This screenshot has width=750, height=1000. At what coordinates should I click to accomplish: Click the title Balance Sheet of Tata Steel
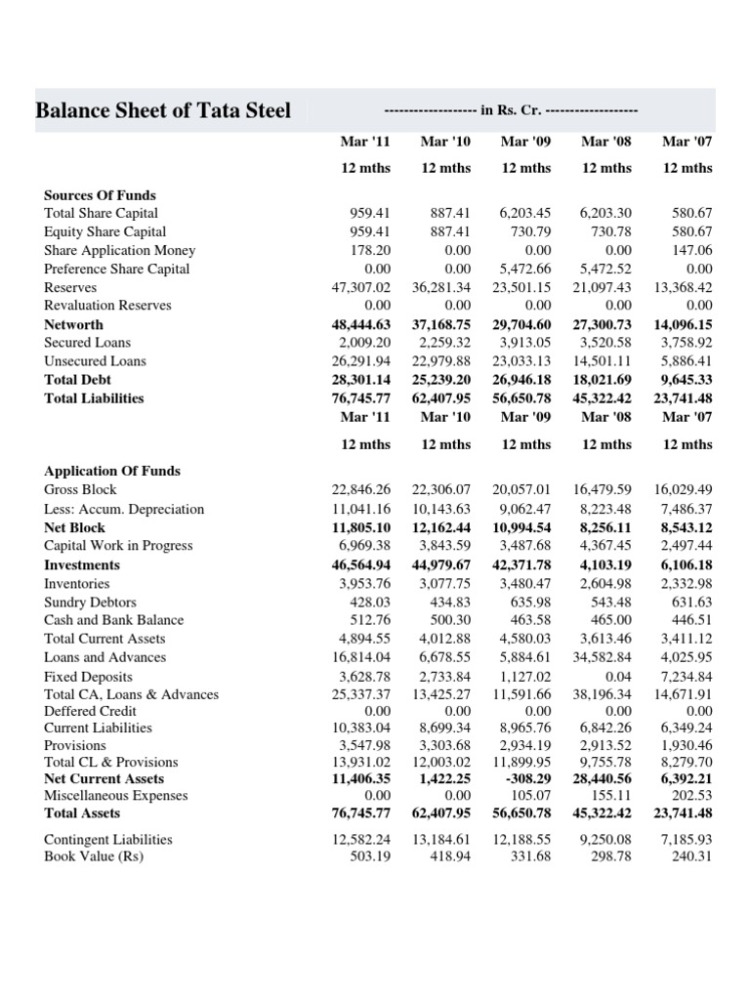[x=163, y=110]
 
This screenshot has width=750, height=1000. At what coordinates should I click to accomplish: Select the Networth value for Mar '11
[x=361, y=324]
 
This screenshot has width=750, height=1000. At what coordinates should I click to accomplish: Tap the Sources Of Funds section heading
[x=100, y=195]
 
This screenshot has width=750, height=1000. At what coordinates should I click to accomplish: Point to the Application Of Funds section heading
[x=111, y=471]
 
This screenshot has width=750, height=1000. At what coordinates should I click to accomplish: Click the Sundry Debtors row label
[x=90, y=603]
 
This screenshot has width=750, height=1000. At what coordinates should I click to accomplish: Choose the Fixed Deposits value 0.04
[x=619, y=677]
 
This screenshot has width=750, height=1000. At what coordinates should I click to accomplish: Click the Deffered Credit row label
[x=90, y=711]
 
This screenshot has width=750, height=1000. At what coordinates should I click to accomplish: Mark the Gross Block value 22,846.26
[x=361, y=490]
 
